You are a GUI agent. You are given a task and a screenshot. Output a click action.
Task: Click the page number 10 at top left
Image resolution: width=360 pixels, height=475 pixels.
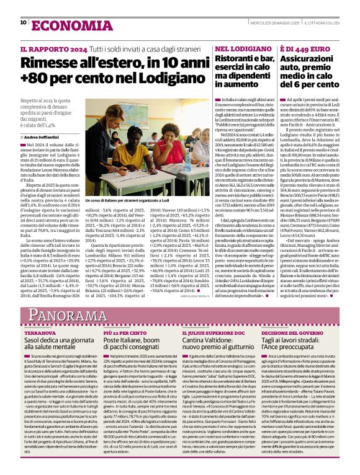click(23, 23)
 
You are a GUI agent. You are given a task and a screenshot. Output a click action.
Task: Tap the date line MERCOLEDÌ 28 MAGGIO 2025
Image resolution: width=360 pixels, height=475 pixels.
click(275, 24)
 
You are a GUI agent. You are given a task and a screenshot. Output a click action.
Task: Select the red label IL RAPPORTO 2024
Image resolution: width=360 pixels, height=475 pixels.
click(50, 48)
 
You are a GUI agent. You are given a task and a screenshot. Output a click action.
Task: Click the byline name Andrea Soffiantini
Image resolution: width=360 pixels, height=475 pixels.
click(47, 136)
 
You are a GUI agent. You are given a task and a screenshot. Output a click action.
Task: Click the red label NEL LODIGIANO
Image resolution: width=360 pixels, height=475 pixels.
click(236, 48)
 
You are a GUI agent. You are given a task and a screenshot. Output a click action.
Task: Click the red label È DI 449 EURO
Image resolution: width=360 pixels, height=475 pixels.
click(302, 48)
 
